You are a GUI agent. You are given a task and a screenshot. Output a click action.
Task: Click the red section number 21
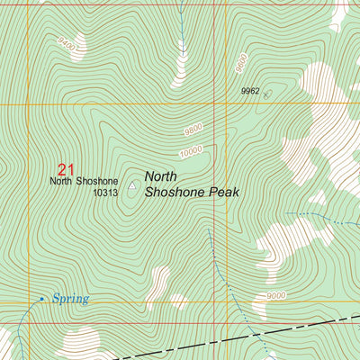(x=65, y=168)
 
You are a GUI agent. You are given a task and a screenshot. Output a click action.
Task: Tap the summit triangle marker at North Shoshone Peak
(x=133, y=186)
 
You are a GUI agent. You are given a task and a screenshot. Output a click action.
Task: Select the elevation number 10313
(x=105, y=193)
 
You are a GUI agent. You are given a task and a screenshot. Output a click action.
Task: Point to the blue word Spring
(x=70, y=299)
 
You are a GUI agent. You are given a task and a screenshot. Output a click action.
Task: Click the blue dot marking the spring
(x=41, y=298)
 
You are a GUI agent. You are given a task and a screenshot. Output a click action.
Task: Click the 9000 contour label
(x=275, y=295)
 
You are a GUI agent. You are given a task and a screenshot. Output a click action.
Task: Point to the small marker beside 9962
(x=268, y=93)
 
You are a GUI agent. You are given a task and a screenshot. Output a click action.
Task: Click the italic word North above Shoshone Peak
(x=162, y=176)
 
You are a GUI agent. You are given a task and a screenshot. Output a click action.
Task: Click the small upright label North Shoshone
(x=84, y=181)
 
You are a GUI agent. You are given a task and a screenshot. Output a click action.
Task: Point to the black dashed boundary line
(x=306, y=329)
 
